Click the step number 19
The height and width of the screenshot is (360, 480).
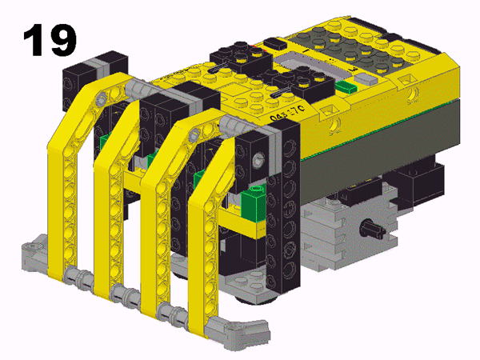click(x=50, y=40)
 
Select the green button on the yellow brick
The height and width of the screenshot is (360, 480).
click(x=345, y=86)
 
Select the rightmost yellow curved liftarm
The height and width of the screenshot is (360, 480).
click(x=195, y=240)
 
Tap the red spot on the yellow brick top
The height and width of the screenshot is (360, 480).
click(x=256, y=47)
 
